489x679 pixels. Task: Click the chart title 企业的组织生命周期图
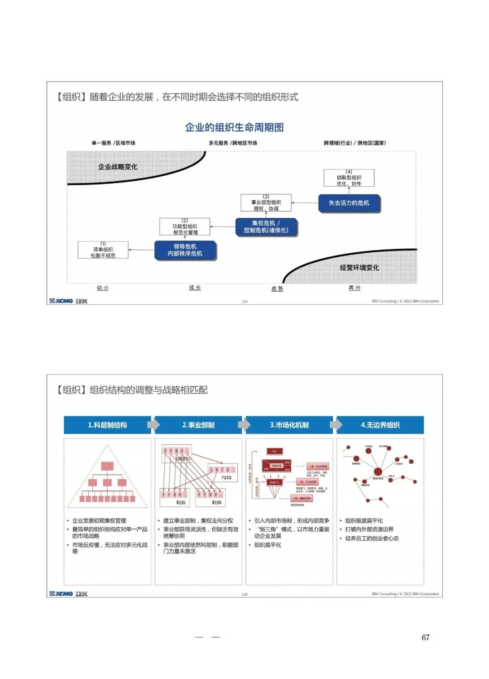[234, 127]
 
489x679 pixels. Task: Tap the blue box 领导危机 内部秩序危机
[185, 250]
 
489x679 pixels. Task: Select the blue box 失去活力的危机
[349, 203]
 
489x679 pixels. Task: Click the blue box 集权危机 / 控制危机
[266, 226]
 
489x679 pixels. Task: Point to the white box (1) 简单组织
[103, 250]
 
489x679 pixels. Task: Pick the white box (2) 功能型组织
[185, 226]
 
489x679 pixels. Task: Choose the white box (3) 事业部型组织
[266, 202]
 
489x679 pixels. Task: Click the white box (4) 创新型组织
[349, 178]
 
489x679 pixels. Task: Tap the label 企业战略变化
[118, 167]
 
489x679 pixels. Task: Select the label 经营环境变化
[360, 268]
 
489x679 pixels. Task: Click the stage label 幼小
[103, 288]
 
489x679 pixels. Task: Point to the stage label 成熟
[277, 289]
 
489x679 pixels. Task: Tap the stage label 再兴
[355, 288]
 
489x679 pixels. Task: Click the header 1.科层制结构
[107, 425]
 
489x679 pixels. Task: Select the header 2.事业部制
[198, 425]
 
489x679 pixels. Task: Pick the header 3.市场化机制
[289, 425]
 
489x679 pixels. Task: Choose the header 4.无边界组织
[380, 425]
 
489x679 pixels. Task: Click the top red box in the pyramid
[107, 466]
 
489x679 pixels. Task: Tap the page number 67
[425, 637]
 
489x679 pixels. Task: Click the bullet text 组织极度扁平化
[364, 520]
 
